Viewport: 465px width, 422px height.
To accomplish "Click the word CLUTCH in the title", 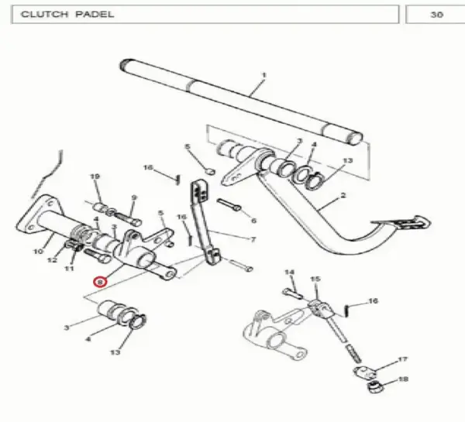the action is click(44, 14).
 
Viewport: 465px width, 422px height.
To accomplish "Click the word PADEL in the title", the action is click(95, 14).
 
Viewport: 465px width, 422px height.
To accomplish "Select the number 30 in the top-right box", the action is click(436, 15).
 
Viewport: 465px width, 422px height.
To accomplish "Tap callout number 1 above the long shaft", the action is click(264, 76).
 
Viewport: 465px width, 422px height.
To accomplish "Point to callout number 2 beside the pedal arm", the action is click(343, 196).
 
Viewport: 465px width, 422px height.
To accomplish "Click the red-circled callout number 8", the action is click(100, 282).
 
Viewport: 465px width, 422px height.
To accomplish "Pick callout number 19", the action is click(95, 177).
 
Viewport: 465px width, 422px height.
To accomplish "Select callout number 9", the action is click(134, 197).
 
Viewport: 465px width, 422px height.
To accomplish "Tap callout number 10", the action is click(38, 252).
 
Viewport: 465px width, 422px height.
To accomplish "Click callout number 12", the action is click(52, 260).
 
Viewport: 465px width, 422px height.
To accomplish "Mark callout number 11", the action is click(69, 269).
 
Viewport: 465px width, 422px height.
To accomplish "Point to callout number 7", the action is click(253, 239).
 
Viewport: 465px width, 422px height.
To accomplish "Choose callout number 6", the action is click(253, 221).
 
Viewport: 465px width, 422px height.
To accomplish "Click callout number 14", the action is click(289, 273).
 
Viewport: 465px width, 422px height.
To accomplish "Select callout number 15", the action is click(315, 280).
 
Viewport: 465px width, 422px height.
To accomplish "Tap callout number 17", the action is click(402, 360).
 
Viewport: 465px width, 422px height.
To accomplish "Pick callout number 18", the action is click(403, 379).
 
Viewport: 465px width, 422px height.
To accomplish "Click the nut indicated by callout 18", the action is click(375, 387).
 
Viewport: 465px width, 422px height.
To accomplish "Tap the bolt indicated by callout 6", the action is click(229, 204).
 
